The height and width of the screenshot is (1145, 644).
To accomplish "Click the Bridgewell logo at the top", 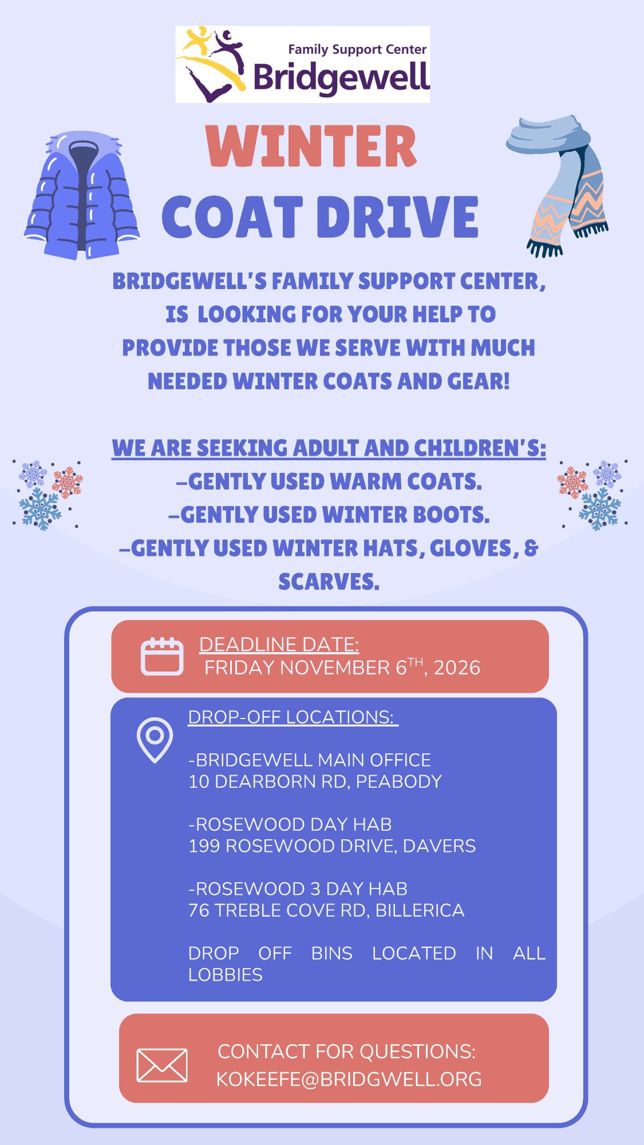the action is [x=302, y=64].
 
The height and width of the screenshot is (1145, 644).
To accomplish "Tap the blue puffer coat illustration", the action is [x=82, y=195].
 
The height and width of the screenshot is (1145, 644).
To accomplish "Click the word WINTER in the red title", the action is [x=311, y=147].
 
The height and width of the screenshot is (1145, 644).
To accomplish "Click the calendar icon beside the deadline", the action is [x=162, y=656].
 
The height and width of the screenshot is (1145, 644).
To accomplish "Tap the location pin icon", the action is [x=155, y=740].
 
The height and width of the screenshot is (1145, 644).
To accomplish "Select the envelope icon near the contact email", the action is [x=162, y=1065].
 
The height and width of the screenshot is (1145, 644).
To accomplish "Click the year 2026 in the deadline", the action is [x=457, y=668].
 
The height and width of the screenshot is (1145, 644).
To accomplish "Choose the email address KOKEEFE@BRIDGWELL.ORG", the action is [x=349, y=1079].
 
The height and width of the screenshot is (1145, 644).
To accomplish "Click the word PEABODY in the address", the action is [x=399, y=781].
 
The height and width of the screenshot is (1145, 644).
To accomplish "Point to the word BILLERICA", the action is [x=420, y=910].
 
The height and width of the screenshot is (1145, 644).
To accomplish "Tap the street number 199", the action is [x=204, y=846].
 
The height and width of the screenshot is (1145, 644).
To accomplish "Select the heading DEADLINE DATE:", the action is [x=279, y=645].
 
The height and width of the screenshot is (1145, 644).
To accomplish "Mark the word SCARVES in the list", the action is [x=329, y=582].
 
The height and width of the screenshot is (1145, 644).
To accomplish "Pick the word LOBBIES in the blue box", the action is [x=226, y=975].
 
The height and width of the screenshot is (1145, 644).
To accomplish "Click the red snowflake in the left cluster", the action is [x=68, y=481].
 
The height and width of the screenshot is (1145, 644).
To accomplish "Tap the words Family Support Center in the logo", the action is [x=357, y=50].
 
